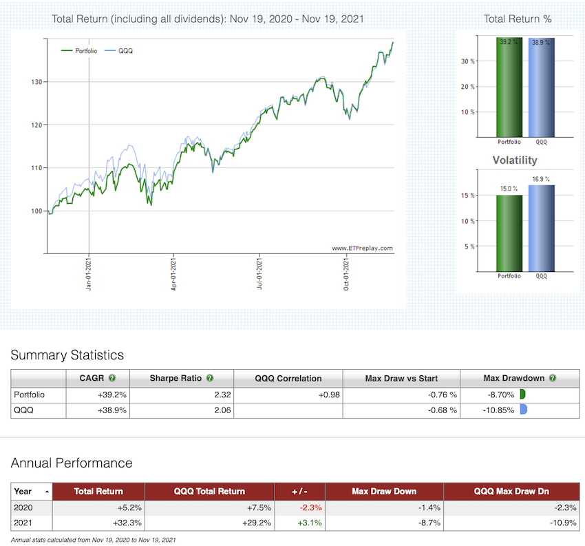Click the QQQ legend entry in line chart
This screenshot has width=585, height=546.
(x=124, y=50)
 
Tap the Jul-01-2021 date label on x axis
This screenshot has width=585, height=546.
(x=259, y=274)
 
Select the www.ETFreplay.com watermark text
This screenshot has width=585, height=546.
(x=362, y=248)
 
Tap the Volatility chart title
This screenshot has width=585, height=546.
(x=515, y=160)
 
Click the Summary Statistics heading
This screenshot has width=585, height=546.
(x=67, y=355)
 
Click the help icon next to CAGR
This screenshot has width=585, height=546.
(x=112, y=378)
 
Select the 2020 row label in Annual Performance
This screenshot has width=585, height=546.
(x=23, y=507)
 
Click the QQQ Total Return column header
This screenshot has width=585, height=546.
(x=209, y=491)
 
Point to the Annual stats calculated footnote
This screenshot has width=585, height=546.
(x=94, y=540)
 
